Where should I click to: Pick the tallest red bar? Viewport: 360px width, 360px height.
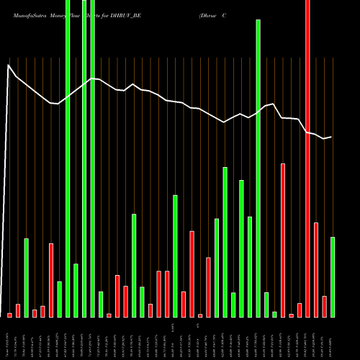tap(308, 158)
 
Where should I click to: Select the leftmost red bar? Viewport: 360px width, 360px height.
tap(9, 315)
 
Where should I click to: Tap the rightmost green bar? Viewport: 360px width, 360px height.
tap(333, 276)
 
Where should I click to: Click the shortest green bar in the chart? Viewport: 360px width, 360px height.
tap(274, 314)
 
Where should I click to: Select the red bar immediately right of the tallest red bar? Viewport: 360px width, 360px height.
tap(316, 269)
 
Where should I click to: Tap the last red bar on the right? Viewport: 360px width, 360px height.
tap(325, 306)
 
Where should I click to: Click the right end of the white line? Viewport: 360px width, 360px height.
tap(331, 137)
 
